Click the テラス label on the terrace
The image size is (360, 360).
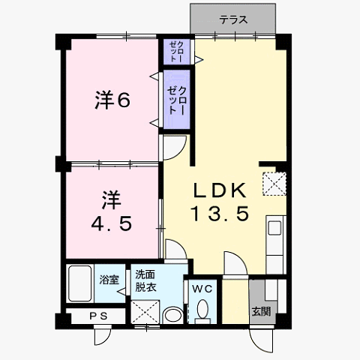(233, 19)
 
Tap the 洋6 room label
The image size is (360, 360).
(112, 100)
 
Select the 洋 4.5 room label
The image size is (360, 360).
(111, 211)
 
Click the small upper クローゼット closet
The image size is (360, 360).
(177, 52)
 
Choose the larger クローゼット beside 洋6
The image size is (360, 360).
(177, 100)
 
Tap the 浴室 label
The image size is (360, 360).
(109, 280)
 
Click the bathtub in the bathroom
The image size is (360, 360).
(80, 283)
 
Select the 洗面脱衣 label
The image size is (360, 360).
(145, 281)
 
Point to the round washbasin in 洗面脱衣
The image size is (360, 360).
(172, 315)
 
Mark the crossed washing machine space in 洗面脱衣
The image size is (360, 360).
(145, 312)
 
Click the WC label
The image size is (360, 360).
(202, 289)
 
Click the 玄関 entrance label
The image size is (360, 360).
(261, 311)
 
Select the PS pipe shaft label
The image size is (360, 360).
(98, 316)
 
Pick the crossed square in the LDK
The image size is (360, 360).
(274, 184)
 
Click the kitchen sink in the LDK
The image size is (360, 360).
(274, 228)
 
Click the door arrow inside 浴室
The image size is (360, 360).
(121, 292)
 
